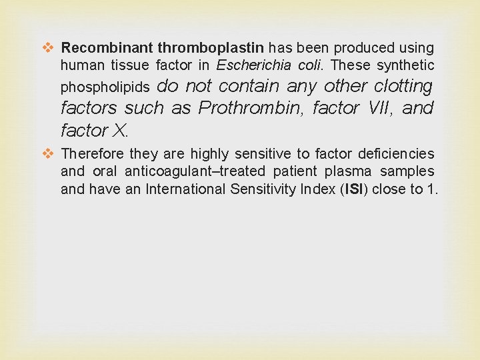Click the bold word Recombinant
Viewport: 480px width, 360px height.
tap(107, 48)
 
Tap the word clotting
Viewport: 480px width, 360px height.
tap(403, 86)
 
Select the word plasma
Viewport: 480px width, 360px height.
tap(354, 171)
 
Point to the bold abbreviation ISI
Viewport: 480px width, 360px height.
tap(352, 189)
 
